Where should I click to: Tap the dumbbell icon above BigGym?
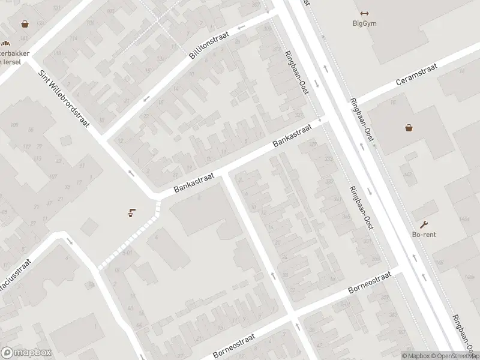coord(363,13)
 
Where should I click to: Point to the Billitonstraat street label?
coord(208,46)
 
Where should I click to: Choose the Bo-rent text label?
coord(424,235)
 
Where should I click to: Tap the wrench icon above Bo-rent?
coord(424,224)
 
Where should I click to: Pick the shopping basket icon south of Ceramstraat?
coord(409,127)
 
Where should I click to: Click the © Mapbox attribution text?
coord(416,356)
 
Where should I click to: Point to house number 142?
coord(408,174)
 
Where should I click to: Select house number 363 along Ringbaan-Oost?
coord(392,314)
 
